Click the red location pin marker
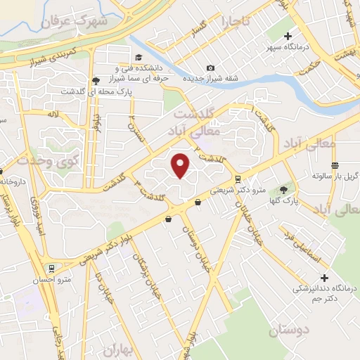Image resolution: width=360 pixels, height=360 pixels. [x=181, y=165]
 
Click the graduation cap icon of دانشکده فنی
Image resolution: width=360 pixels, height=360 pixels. [x=139, y=56]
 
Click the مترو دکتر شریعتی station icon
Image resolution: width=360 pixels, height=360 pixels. [x=238, y=179]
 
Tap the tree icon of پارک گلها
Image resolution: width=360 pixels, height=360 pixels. [x=283, y=189]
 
